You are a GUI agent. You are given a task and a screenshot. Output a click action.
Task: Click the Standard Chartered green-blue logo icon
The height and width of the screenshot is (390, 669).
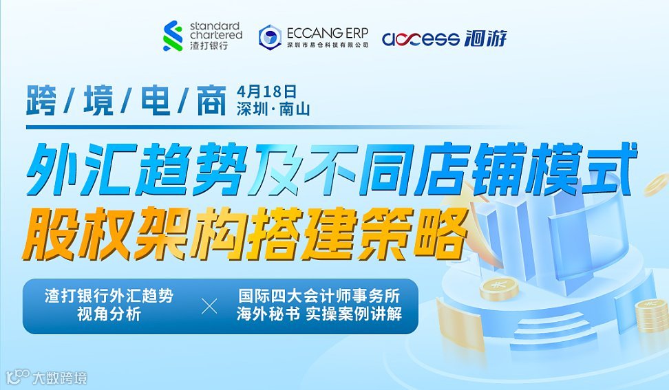click(173, 36)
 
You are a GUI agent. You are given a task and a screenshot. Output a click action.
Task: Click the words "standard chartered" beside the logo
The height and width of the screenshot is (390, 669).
click(215, 30)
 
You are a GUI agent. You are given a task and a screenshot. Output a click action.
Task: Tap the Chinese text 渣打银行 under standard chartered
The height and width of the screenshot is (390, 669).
click(207, 45)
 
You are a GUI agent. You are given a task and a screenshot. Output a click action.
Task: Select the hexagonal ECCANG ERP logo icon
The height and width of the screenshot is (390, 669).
click(270, 36)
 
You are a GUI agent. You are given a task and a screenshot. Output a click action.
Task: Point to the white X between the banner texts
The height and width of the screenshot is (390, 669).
click(209, 306)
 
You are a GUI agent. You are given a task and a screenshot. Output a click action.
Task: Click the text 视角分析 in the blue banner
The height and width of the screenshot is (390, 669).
click(109, 315)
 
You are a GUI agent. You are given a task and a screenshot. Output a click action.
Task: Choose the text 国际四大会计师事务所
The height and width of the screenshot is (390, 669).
click(319, 297)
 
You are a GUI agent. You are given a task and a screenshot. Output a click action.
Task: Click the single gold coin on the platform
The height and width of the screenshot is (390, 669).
click(499, 289)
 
